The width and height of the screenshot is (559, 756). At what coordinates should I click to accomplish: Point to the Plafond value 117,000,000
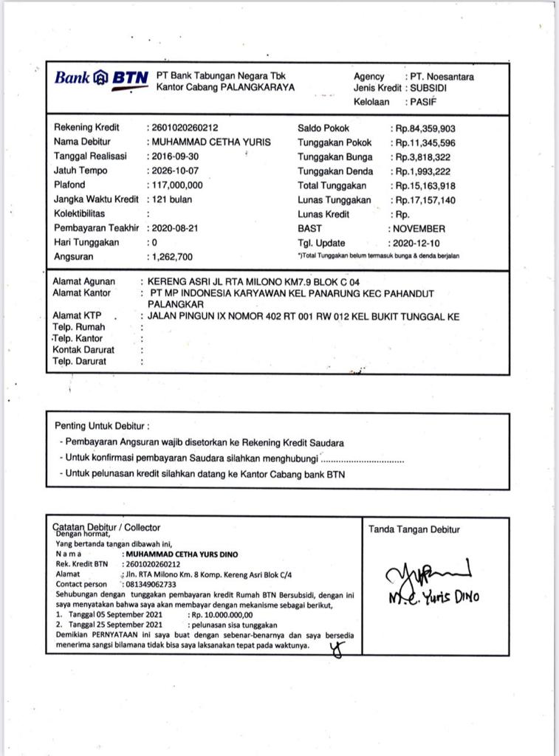point(177,185)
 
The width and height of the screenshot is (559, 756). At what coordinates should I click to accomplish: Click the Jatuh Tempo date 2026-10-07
point(175,171)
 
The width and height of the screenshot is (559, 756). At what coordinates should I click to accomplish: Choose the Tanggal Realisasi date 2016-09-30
point(175,157)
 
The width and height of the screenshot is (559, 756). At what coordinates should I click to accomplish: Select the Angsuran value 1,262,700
point(172,257)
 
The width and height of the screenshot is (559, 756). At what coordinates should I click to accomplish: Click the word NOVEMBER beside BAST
point(420,229)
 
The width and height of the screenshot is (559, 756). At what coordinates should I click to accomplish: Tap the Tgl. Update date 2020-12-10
point(419,243)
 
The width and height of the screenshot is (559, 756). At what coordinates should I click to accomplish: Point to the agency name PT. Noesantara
point(442,77)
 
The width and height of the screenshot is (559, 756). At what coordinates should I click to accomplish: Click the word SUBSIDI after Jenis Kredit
point(430,88)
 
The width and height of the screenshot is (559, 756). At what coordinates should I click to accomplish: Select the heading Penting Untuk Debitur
point(102,426)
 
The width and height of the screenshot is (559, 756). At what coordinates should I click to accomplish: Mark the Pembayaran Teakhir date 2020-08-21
point(175,228)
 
